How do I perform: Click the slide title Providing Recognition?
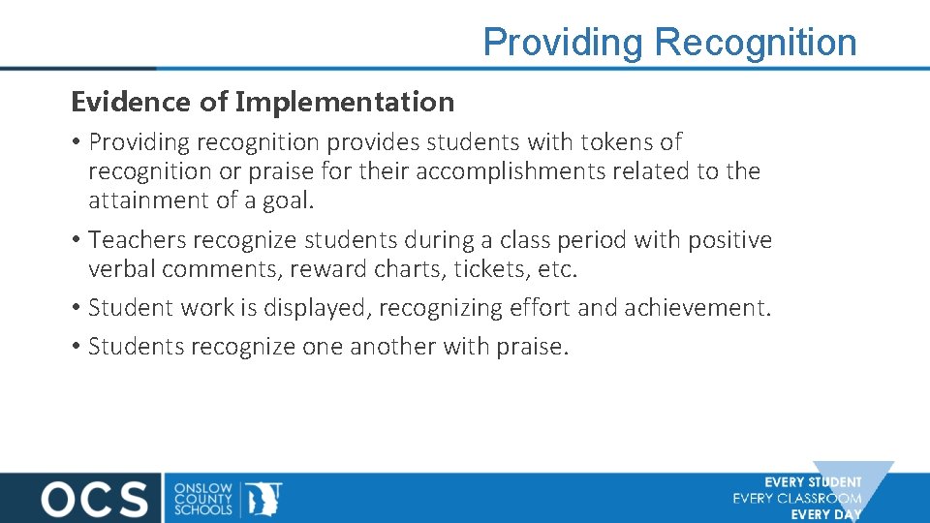(x=669, y=43)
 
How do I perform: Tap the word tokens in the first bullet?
(x=616, y=142)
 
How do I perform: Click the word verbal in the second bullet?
(x=120, y=269)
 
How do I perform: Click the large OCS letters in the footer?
(x=94, y=498)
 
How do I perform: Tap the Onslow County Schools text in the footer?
(x=203, y=498)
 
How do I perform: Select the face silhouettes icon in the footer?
(x=263, y=498)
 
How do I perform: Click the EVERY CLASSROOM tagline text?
(x=797, y=499)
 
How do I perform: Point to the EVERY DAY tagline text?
(x=825, y=514)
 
